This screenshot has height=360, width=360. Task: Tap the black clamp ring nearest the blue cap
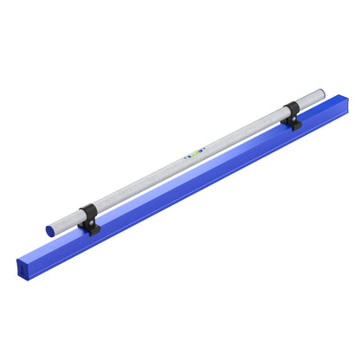pos(88,215)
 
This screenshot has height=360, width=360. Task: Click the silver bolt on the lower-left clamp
pos(87,223)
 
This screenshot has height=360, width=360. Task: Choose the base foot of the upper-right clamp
pos(294,125)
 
